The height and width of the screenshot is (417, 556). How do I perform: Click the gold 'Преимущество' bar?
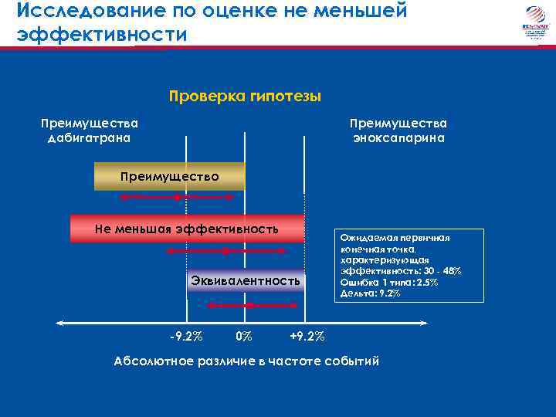(169, 177)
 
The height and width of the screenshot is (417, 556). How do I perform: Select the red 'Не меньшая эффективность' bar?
(185, 229)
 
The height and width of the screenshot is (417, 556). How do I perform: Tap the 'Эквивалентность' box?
(246, 281)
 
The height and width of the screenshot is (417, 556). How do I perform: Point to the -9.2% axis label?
(186, 337)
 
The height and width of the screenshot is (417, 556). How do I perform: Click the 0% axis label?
(243, 337)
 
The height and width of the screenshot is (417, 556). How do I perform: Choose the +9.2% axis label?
(307, 337)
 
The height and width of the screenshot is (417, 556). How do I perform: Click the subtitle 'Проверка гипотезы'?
(244, 97)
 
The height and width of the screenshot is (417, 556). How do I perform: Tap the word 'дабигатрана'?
(90, 138)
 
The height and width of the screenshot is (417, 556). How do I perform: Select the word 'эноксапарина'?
(398, 138)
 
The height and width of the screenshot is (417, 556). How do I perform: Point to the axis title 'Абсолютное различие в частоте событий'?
(246, 361)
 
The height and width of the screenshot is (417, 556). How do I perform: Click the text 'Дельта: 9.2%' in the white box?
(370, 293)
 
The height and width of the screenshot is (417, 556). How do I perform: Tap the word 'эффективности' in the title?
(101, 36)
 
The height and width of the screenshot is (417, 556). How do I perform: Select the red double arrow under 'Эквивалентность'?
(245, 306)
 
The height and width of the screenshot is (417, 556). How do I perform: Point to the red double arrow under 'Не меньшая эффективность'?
(225, 251)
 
